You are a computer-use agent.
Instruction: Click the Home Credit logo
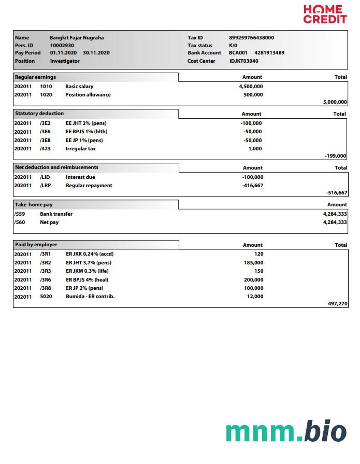pyautogui.click(x=325, y=14)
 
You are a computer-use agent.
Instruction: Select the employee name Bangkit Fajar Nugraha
pyautogui.click(x=77, y=38)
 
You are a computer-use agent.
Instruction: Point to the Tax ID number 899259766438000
pyautogui.click(x=251, y=38)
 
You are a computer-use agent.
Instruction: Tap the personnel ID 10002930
pyautogui.click(x=62, y=45)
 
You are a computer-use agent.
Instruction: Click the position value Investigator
pyautogui.click(x=65, y=61)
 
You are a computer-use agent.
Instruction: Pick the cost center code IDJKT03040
pyautogui.click(x=243, y=61)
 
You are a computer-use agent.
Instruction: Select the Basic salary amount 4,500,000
pyautogui.click(x=251, y=87)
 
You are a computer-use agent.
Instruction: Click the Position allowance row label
pyautogui.click(x=88, y=95)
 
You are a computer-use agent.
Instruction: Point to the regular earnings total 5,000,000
pyautogui.click(x=335, y=103)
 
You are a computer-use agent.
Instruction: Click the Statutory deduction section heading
pyautogui.click(x=40, y=114)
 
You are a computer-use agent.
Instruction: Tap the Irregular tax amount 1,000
pyautogui.click(x=255, y=149)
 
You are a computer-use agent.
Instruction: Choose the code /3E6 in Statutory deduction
pyautogui.click(x=45, y=132)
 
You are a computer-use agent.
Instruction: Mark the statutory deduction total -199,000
pyautogui.click(x=336, y=156)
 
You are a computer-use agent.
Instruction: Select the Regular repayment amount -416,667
pyautogui.click(x=252, y=186)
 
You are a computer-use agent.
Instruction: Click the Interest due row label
pyautogui.click(x=80, y=177)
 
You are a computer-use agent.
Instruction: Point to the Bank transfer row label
pyautogui.click(x=56, y=214)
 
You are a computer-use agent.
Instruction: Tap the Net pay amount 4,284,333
pyautogui.click(x=335, y=222)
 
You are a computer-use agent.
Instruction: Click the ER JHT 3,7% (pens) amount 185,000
pyautogui.click(x=253, y=263)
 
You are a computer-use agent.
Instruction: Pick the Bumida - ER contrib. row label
pyautogui.click(x=90, y=297)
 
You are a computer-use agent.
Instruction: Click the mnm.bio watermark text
pyautogui.click(x=285, y=431)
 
